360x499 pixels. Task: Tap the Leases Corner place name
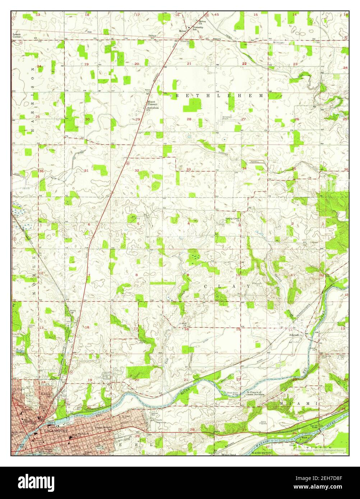pyautogui.click(x=17, y=36)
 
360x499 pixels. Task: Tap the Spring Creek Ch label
pyautogui.click(x=232, y=219)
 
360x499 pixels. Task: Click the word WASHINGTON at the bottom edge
pyautogui.click(x=260, y=453)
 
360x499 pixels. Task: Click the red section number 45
pyautogui.click(x=216, y=15)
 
